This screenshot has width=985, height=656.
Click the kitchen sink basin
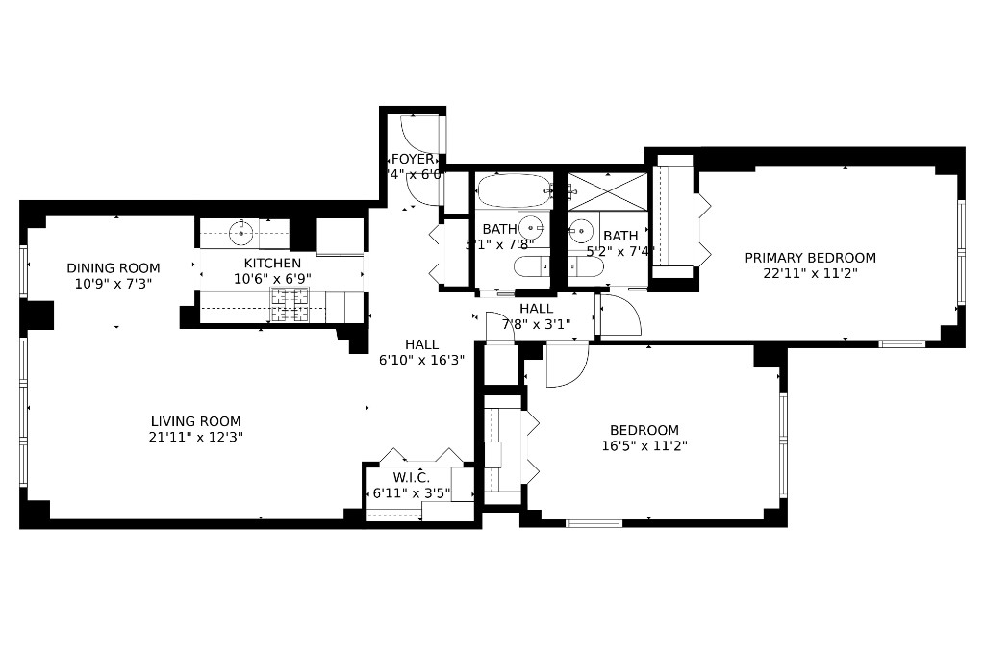click(x=240, y=232)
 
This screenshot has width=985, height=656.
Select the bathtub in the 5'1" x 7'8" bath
click(x=513, y=190)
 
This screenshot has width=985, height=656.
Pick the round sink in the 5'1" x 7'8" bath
click(x=530, y=228)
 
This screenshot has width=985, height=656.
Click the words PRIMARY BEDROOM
click(x=810, y=258)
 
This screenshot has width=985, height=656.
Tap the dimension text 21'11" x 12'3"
click(x=195, y=437)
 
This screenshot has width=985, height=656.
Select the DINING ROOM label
click(x=114, y=268)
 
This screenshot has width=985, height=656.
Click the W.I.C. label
click(x=411, y=478)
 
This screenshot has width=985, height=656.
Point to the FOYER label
click(x=413, y=159)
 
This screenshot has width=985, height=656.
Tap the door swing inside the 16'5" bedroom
click(x=566, y=366)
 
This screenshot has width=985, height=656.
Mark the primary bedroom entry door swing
click(x=619, y=315)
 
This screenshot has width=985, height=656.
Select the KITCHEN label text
click(x=272, y=263)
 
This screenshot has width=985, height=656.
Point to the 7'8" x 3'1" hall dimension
click(x=536, y=324)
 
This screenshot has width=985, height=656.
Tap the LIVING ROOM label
click(x=195, y=421)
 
